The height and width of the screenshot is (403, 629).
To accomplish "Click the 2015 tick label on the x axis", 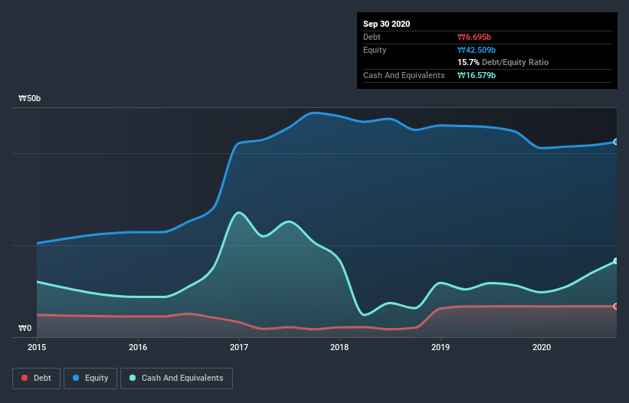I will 37,347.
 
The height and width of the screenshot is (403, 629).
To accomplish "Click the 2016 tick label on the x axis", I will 138,347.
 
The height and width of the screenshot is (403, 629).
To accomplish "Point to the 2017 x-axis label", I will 239,347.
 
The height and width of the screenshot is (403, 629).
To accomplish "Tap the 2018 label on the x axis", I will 339,347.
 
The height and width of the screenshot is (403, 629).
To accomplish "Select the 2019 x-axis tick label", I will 441,347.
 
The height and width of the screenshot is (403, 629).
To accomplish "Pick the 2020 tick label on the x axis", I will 542,347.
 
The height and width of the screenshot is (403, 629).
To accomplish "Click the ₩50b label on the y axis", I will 30,99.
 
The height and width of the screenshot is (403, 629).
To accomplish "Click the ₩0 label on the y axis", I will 25,329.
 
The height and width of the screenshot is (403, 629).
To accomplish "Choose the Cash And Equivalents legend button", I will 176,378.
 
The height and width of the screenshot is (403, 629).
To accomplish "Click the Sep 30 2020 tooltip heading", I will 387,24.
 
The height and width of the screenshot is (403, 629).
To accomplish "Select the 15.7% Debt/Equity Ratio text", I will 503,62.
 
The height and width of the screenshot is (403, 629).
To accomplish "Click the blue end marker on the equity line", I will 615,142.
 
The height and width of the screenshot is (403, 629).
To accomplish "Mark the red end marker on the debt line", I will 615,306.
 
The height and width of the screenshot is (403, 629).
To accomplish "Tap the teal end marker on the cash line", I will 615,261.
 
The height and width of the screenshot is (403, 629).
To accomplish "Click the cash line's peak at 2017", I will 240,212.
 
